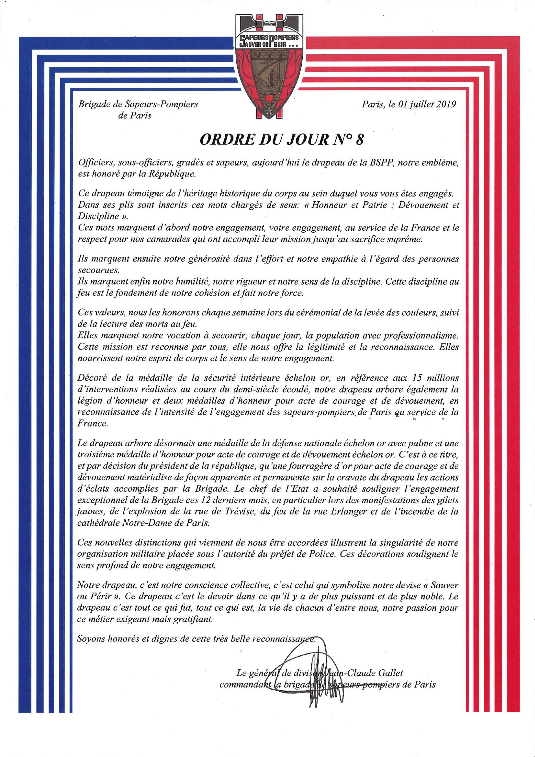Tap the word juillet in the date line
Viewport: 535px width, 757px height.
pyautogui.click(x=422, y=104)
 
